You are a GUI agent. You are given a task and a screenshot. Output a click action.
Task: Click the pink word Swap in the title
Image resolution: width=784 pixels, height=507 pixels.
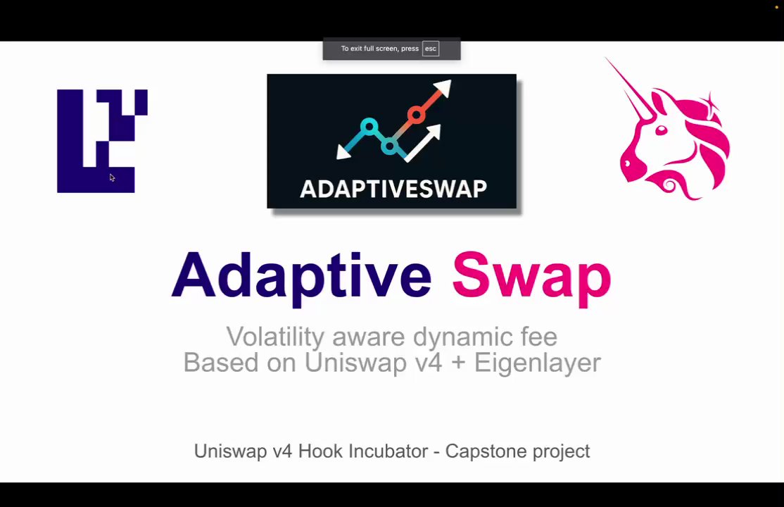(531, 278)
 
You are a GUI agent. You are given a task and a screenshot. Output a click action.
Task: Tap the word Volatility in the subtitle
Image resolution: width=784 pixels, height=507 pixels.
(275, 337)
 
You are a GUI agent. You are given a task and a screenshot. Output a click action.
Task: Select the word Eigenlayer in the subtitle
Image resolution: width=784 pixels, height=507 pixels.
(538, 363)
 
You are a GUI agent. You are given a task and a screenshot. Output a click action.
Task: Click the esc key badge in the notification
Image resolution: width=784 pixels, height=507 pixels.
(431, 49)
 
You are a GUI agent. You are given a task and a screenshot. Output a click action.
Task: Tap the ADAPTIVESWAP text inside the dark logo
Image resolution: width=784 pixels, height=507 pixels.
(393, 189)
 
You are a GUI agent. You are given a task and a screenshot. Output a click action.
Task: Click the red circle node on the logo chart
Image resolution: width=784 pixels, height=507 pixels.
(416, 115)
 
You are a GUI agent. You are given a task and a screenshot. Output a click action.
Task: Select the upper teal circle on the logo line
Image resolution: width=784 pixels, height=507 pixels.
(369, 127)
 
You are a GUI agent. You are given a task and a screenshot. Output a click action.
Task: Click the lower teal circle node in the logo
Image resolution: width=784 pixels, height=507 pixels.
(389, 146)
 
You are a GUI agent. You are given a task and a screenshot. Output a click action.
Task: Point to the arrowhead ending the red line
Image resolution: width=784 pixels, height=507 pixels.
(443, 87)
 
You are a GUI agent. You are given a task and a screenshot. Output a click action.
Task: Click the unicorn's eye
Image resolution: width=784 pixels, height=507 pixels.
(661, 130)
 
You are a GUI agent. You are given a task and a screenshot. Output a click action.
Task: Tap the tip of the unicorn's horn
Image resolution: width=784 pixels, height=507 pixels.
(605, 58)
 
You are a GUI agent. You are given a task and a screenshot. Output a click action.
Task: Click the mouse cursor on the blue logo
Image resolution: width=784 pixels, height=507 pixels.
(112, 177)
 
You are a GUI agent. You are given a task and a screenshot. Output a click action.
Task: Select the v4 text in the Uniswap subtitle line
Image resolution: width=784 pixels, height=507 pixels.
(429, 363)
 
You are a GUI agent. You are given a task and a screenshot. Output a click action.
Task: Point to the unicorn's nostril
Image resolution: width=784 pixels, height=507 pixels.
(625, 163)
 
